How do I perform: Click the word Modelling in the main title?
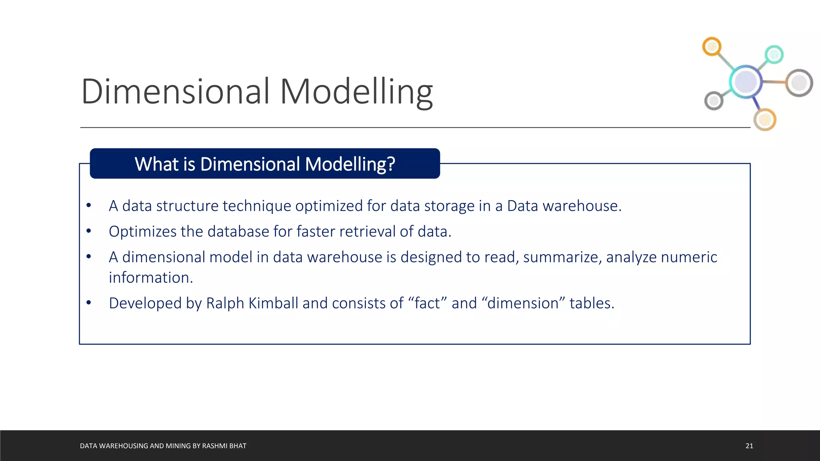pos(356,92)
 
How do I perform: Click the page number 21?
pos(749,446)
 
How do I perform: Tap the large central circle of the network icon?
pos(746,82)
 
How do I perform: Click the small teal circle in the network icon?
pos(774,54)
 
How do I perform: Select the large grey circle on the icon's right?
pos(799,83)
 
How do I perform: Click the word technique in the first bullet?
pos(257,206)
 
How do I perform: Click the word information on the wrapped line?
pos(151,277)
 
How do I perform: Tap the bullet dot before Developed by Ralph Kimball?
pos(89,303)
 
